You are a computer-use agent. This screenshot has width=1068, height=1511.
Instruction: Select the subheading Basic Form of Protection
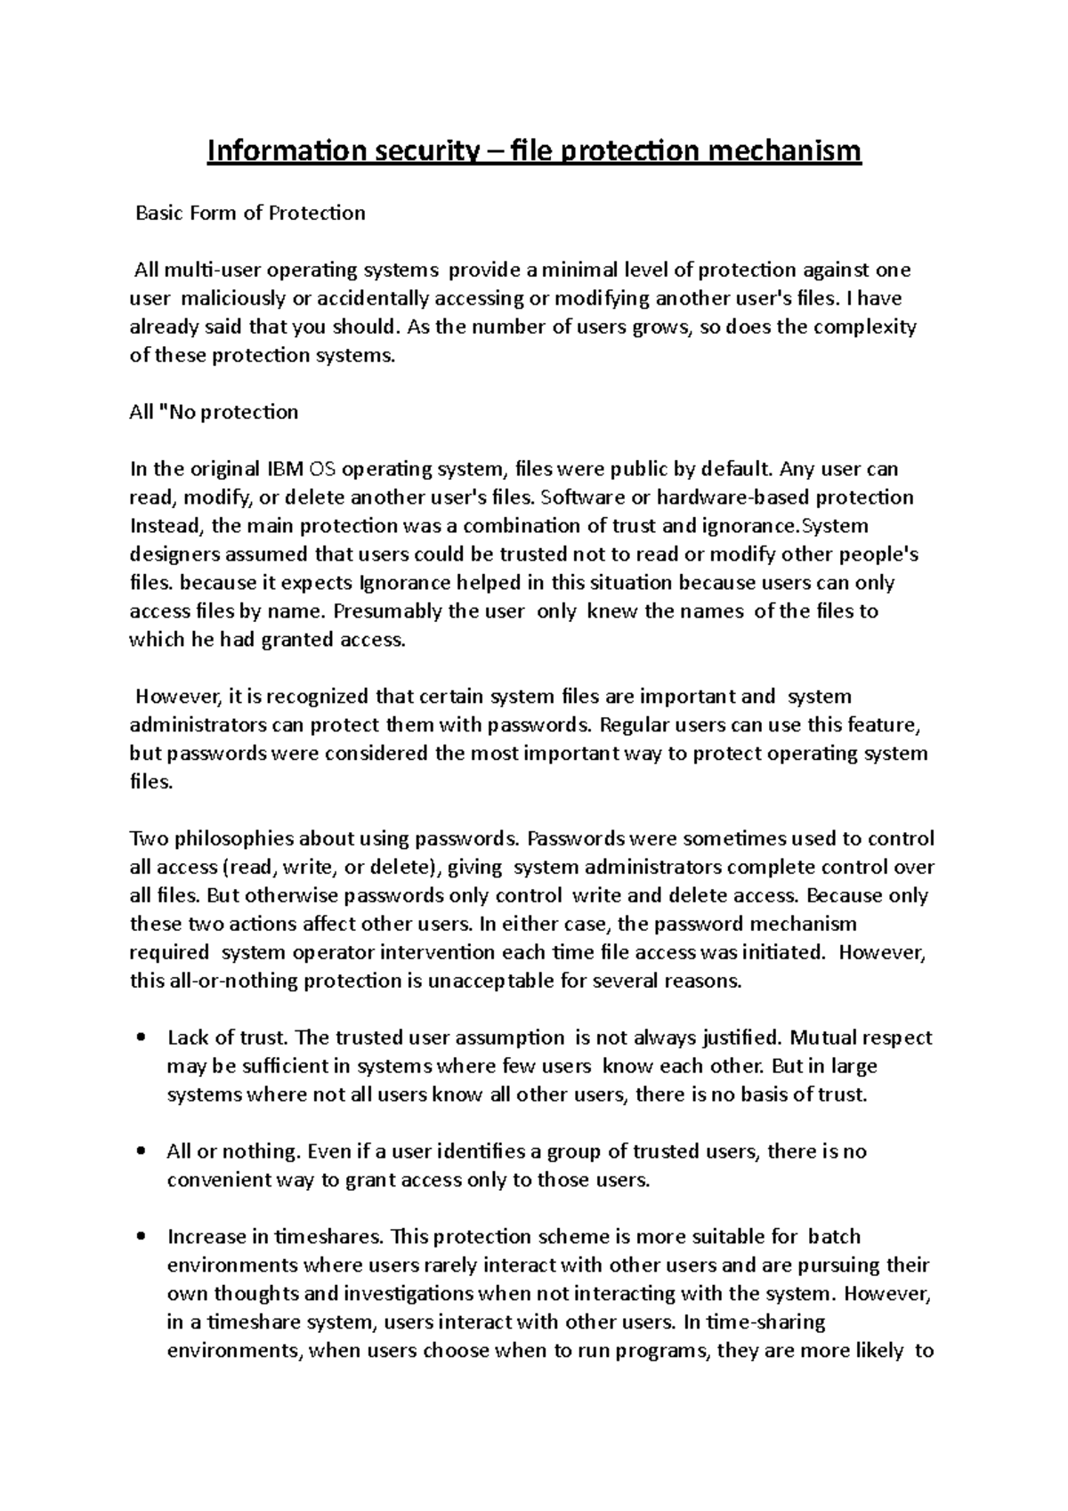pos(249,214)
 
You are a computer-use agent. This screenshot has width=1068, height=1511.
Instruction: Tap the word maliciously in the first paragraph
pos(234,298)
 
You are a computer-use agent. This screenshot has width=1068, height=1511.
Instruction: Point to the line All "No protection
pos(214,412)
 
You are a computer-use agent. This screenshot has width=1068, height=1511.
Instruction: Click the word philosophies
pos(234,838)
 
